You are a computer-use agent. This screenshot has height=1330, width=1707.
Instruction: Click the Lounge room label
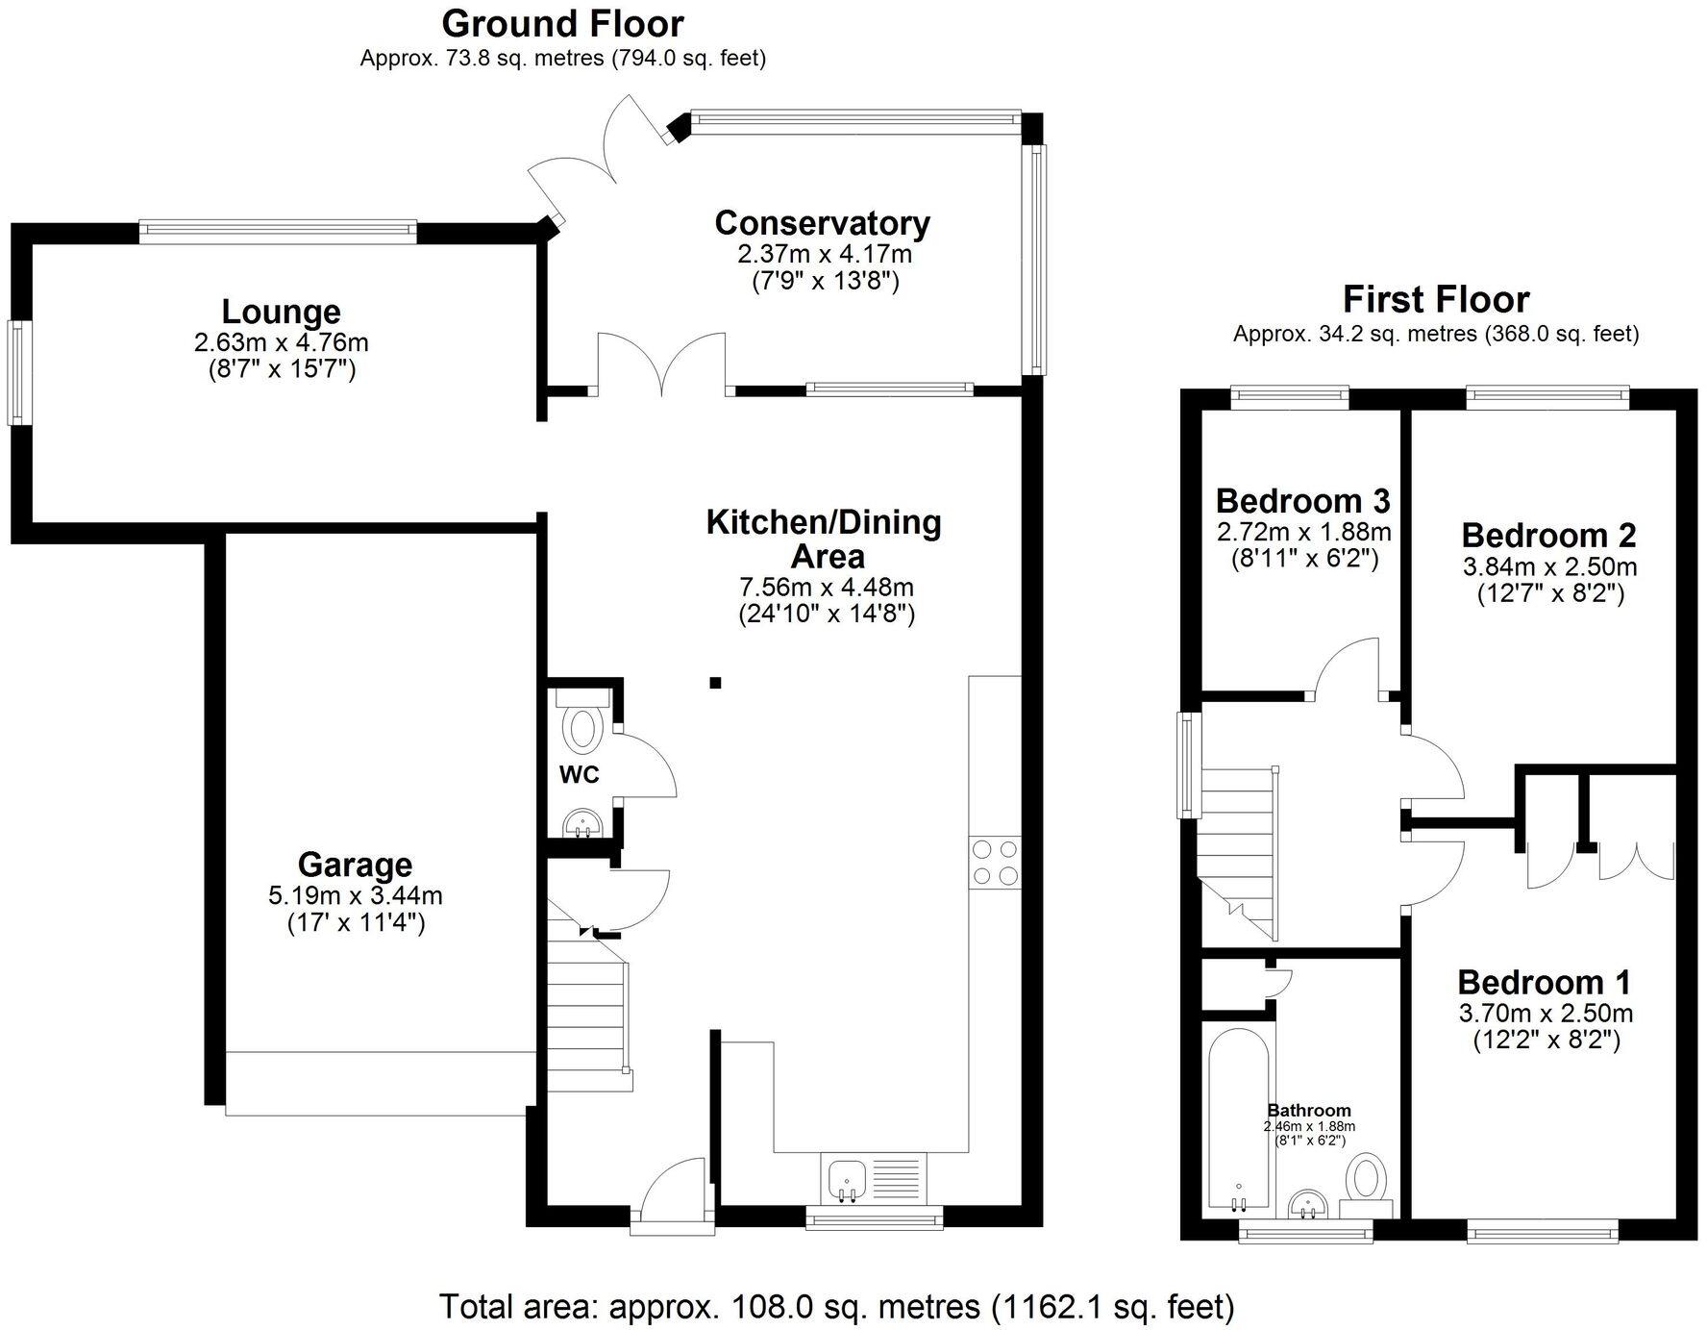[x=281, y=312]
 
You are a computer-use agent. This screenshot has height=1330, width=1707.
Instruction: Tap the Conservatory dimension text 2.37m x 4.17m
[x=824, y=255]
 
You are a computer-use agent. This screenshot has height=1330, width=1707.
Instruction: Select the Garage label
[x=355, y=865]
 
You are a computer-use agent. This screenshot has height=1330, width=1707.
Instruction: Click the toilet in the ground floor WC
[x=582, y=728]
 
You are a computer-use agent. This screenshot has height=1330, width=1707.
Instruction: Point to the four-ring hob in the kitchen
[x=995, y=863]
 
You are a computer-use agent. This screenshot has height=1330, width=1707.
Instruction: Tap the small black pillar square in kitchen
[x=715, y=683]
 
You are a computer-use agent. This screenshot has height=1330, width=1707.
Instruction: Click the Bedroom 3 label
[x=1302, y=501]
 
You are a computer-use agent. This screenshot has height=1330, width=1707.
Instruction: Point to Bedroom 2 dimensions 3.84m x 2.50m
[x=1549, y=566]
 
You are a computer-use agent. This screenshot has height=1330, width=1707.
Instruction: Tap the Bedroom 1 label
[x=1544, y=982]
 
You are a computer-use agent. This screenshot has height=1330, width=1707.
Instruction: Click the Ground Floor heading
[x=562, y=23]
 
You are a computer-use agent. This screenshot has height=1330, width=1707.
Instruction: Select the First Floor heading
[x=1435, y=299]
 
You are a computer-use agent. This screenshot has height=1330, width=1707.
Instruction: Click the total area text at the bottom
[x=836, y=1306]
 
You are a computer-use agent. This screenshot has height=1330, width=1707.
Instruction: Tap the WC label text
[x=580, y=775]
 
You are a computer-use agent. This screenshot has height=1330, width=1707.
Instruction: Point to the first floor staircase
[x=1238, y=846]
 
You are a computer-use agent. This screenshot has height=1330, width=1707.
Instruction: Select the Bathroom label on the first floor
[x=1308, y=1110]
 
